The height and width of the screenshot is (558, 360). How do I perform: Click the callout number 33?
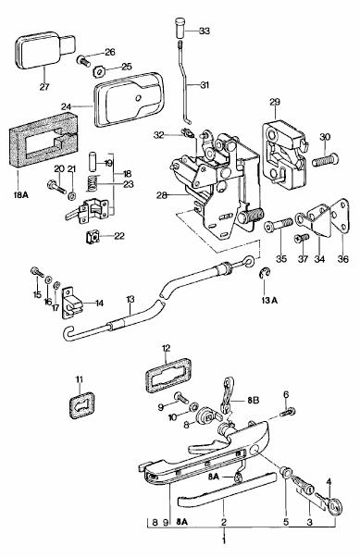[x=205, y=31]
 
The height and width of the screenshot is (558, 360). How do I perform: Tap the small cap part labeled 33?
[x=180, y=27]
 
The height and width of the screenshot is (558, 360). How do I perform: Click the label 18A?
[x=21, y=195]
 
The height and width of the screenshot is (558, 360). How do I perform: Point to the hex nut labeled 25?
[x=98, y=71]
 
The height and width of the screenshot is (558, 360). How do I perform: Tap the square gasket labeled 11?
[x=81, y=405]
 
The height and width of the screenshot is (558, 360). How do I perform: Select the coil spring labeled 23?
[x=93, y=184]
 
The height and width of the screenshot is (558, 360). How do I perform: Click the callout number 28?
[x=162, y=195]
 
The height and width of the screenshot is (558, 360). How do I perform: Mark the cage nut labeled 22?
[x=93, y=237]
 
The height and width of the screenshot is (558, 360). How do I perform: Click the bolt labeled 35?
[x=279, y=225]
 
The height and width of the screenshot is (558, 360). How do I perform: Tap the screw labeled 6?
[x=288, y=413]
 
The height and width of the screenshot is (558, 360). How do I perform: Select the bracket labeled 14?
[x=73, y=302]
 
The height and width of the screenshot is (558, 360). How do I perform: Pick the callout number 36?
[x=343, y=259]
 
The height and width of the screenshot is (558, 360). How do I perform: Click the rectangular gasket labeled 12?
[x=168, y=376]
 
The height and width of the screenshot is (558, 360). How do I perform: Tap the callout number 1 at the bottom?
[x=224, y=541]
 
